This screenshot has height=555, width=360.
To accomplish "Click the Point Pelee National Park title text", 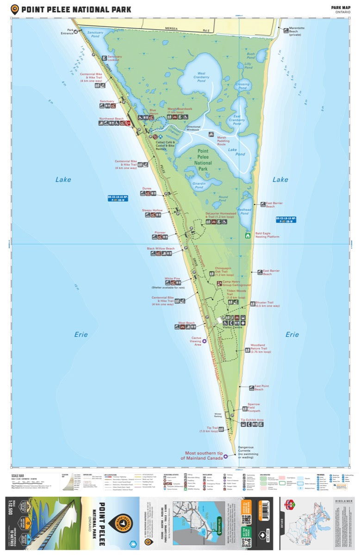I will coord(76,9).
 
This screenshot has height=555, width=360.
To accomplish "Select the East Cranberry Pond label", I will coord(236,121).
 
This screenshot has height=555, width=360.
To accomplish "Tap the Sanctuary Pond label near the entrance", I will coord(95,34).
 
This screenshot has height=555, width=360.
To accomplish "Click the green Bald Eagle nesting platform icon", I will coord(248,235).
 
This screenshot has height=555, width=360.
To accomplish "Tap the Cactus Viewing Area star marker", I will coord(205,341).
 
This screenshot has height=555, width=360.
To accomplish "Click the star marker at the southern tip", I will coord(225,456).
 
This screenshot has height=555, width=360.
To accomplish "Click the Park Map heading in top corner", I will coord(341,7).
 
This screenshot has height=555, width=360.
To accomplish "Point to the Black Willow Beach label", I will coord(161,248).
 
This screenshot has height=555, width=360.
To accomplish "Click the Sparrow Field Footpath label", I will coord(254,407).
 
